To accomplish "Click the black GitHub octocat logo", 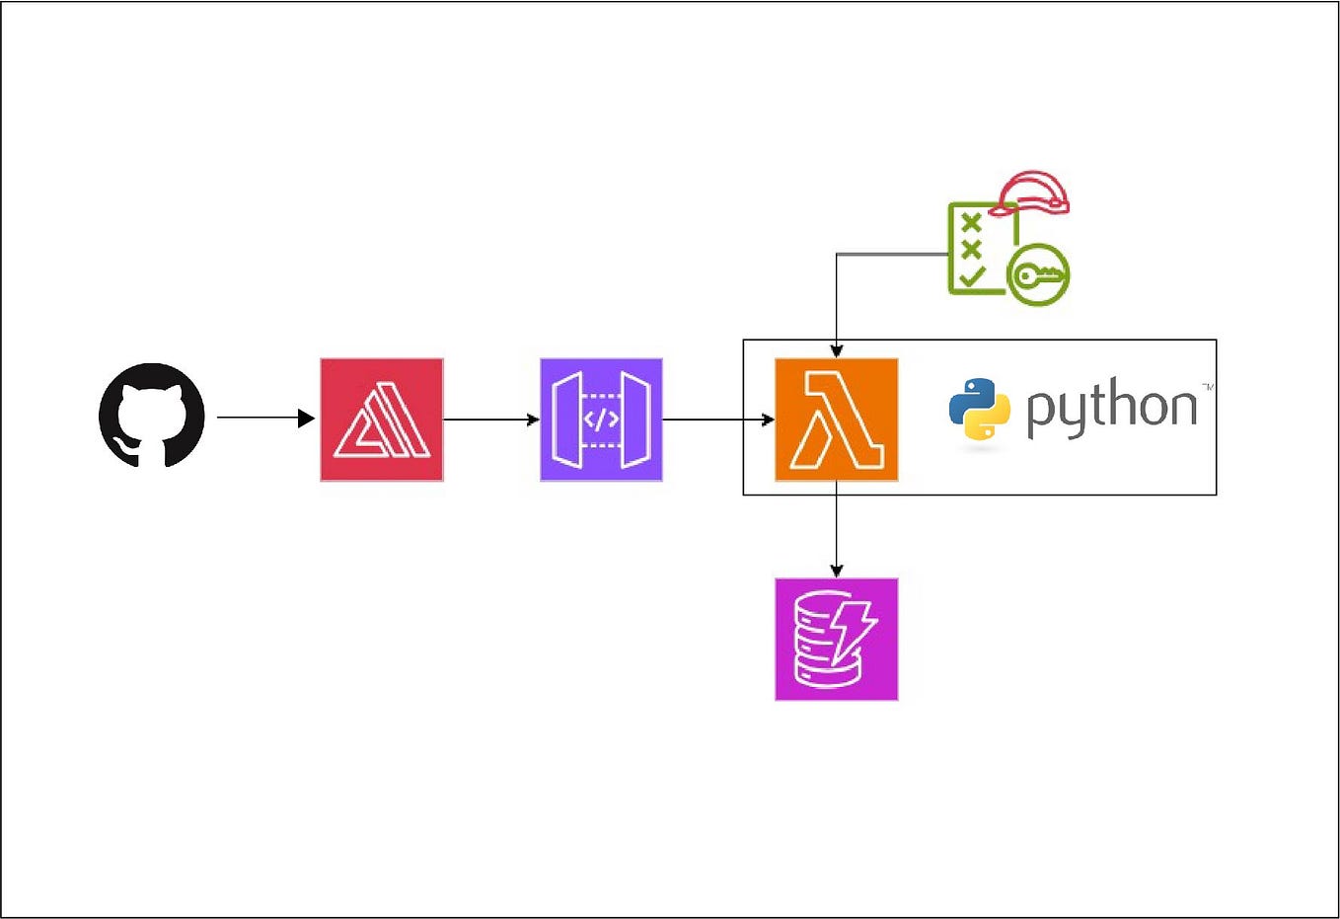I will click(x=152, y=416).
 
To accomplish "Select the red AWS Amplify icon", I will click(x=382, y=420).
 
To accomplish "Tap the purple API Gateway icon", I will click(x=601, y=420).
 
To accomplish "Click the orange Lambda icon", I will click(x=837, y=420).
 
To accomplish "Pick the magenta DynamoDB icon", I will click(x=837, y=640).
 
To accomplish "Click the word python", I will click(x=1111, y=408).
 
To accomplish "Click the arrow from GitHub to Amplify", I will click(x=262, y=418).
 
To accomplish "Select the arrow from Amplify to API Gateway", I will click(x=490, y=420).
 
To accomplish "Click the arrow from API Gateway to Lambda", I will click(x=717, y=420).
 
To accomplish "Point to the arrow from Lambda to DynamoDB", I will click(x=837, y=528).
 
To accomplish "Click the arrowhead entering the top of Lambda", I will click(x=837, y=350).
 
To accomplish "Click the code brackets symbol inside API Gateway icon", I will click(x=601, y=420).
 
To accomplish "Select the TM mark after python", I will click(x=1206, y=386).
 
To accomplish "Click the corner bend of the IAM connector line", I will click(x=837, y=255).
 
